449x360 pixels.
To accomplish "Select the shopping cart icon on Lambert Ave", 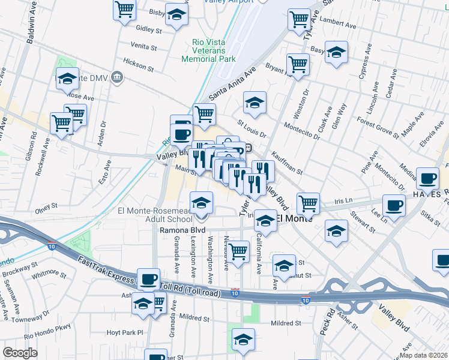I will pyautogui.click(x=298, y=20).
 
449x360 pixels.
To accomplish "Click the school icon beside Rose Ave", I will pyautogui.click(x=68, y=79).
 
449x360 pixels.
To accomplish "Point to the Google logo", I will pyautogui.click(x=20, y=353).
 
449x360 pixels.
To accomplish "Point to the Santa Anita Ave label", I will pyautogui.click(x=232, y=83).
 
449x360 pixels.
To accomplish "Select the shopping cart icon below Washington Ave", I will pyautogui.click(x=238, y=252).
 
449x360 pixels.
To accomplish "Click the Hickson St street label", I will pyautogui.click(x=138, y=62).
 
